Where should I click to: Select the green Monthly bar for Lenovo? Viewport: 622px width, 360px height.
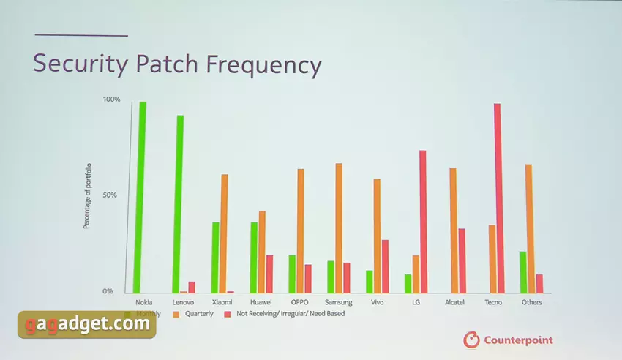click(x=180, y=203)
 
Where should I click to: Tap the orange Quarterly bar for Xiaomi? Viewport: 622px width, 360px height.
click(x=225, y=233)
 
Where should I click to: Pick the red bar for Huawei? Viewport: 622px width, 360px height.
click(x=269, y=273)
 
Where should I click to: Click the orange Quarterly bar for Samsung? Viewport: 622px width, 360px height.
click(x=339, y=228)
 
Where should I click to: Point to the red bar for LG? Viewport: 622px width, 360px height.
click(x=422, y=221)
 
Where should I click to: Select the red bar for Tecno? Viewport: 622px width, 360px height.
click(x=498, y=198)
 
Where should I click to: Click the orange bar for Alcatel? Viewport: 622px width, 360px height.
click(x=453, y=230)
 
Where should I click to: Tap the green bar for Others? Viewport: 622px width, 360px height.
click(x=522, y=271)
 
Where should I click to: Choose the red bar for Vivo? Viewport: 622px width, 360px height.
click(x=385, y=266)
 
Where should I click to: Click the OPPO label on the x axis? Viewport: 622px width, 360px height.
click(x=299, y=302)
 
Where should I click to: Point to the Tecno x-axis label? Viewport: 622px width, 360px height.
click(x=493, y=302)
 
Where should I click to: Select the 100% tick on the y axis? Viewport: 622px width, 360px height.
click(x=111, y=100)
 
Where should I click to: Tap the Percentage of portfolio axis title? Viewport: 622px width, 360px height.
click(x=86, y=195)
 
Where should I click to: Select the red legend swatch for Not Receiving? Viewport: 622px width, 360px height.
click(x=228, y=314)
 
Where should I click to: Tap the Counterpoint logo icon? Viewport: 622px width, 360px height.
click(x=471, y=340)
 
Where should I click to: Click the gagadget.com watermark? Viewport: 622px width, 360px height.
click(x=87, y=323)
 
